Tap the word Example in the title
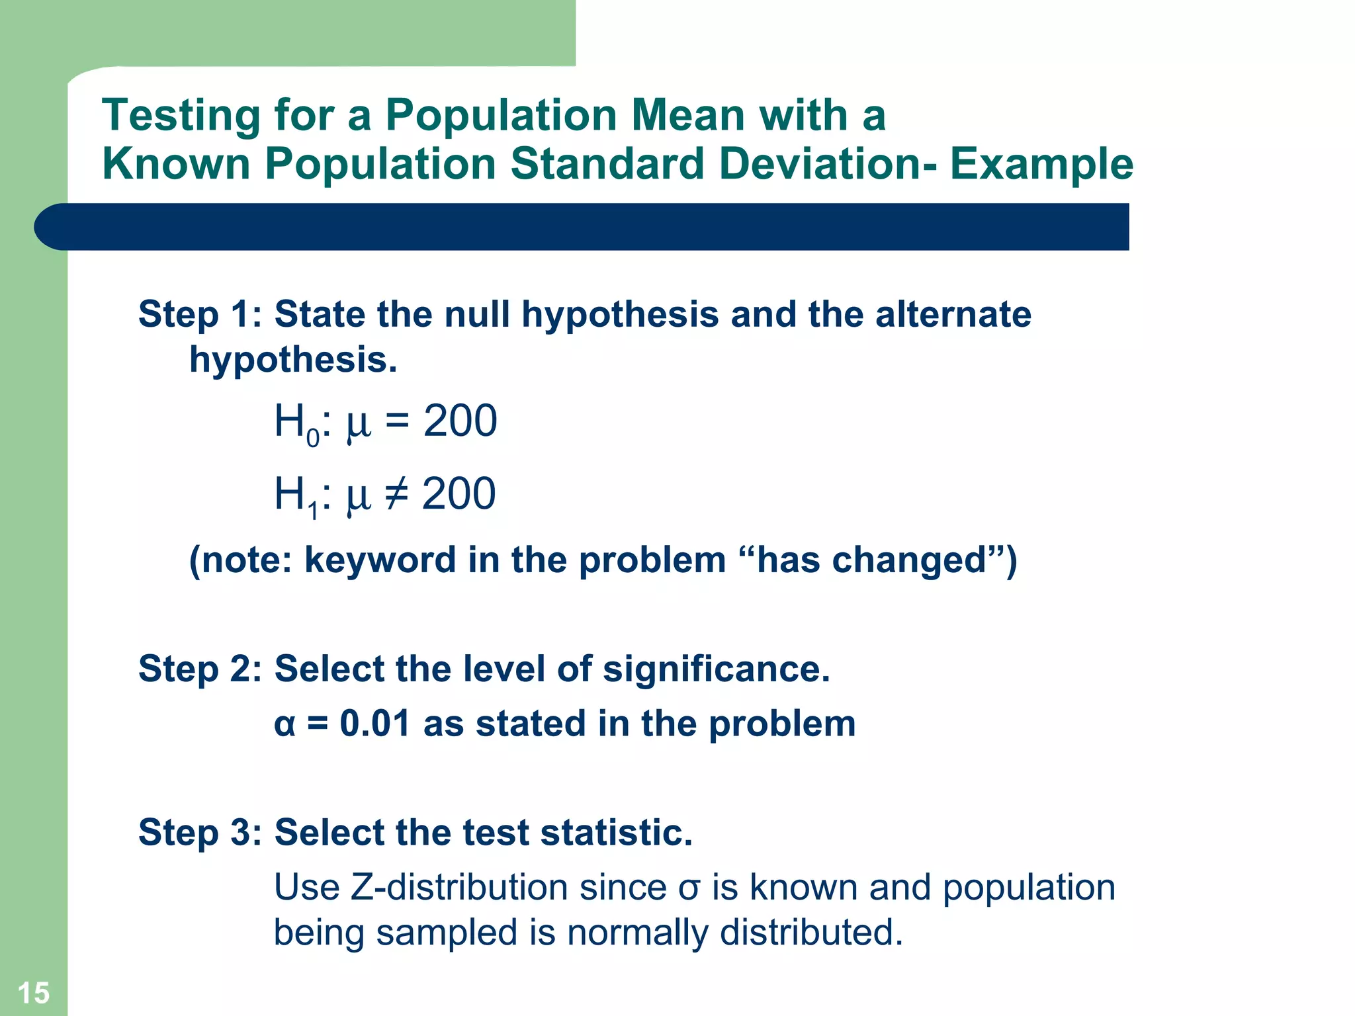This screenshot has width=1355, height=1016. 1041,164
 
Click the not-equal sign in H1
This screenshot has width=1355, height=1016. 396,494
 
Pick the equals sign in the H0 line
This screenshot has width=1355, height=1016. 397,421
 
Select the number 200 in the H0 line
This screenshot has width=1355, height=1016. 460,421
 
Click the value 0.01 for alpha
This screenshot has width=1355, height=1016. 374,724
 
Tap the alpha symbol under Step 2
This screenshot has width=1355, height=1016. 284,725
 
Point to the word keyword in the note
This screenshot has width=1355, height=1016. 380,561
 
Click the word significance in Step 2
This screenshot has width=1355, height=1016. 715,669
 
